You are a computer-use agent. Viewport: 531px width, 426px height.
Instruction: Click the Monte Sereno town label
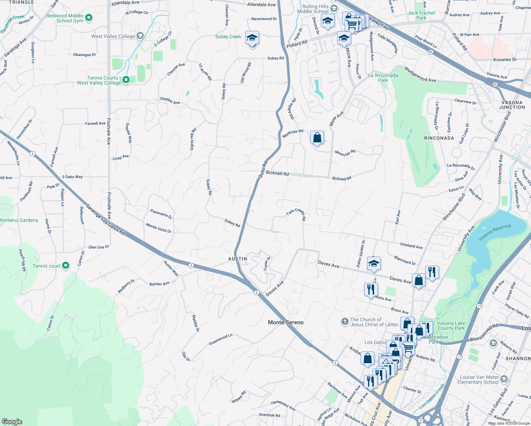[286, 322]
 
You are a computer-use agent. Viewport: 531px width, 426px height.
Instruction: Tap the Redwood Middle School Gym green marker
[89, 17]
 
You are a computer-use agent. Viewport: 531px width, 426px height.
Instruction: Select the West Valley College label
[113, 36]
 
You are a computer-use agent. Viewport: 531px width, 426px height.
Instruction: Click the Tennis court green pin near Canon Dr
[66, 266]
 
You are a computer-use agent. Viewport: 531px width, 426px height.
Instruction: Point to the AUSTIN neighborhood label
[237, 259]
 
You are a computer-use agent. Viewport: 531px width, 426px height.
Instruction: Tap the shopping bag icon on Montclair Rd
[317, 138]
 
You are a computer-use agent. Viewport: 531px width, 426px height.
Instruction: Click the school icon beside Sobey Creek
[252, 38]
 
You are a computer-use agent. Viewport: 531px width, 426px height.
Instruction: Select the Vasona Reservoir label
[495, 232]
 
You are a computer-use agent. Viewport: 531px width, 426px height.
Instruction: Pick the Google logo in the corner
[12, 421]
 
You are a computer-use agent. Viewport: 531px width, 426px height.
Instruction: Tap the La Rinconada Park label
[383, 78]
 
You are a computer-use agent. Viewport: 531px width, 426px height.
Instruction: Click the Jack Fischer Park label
[421, 15]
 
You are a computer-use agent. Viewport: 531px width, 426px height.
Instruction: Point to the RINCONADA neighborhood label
[439, 138]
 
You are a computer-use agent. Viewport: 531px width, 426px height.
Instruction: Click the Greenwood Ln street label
[220, 339]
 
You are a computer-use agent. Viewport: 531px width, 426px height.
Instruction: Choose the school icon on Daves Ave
[373, 264]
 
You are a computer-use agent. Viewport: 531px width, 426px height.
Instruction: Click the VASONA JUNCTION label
[512, 105]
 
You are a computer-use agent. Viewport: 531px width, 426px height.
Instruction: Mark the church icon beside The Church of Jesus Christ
[345, 322]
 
